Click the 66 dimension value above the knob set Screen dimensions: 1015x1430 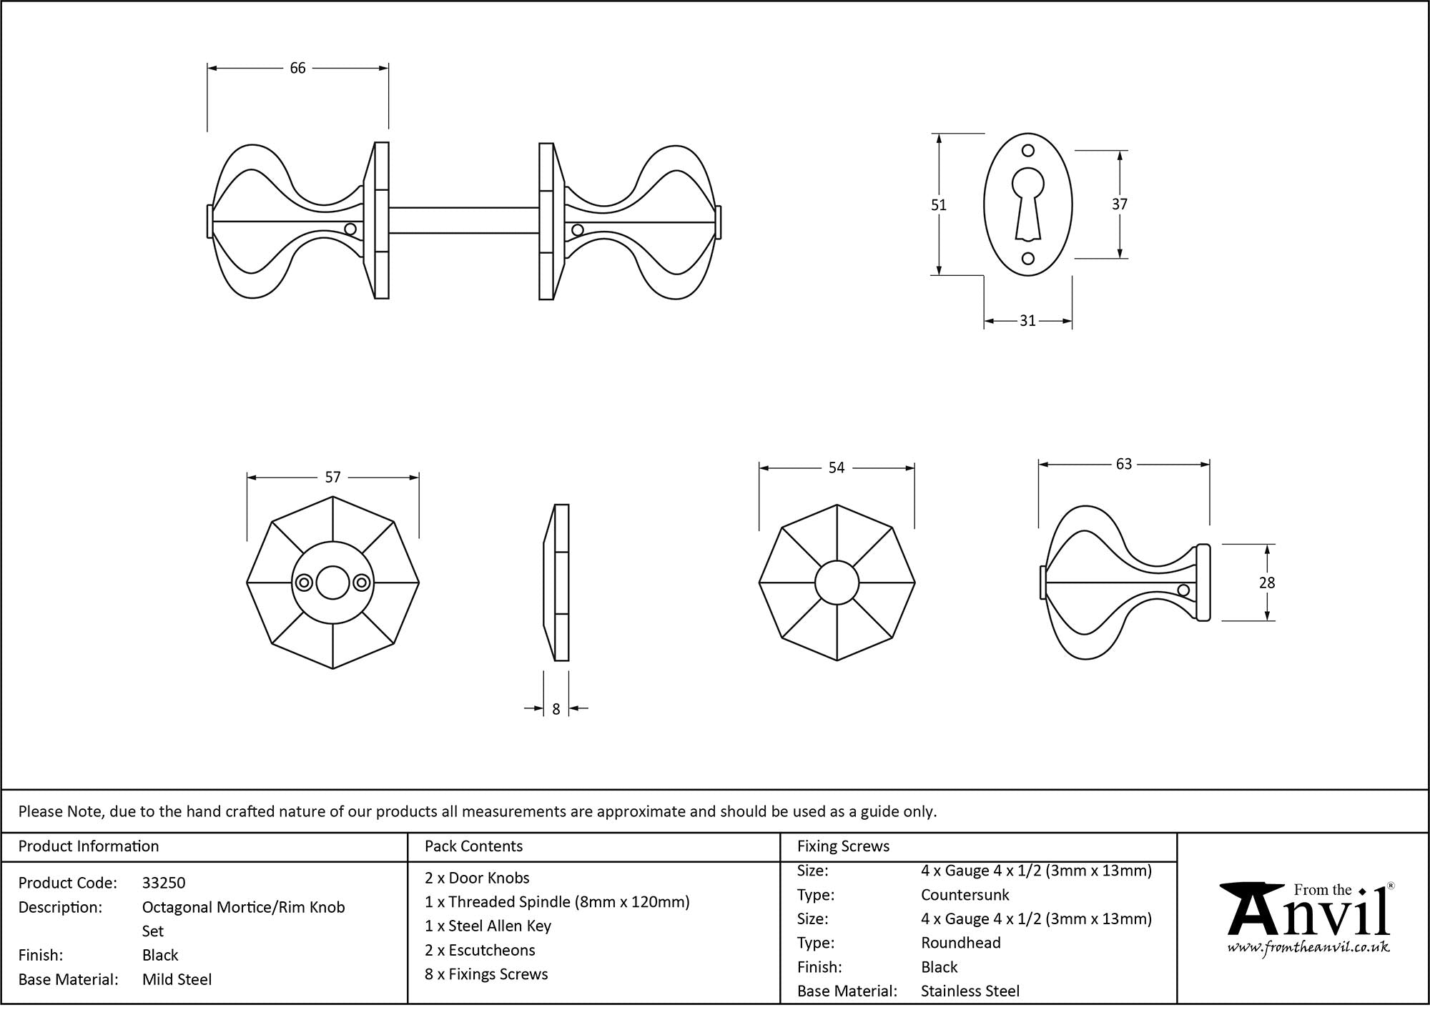[x=297, y=68]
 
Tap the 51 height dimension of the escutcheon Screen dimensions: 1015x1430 [x=938, y=205]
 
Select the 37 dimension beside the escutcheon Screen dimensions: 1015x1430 [x=1119, y=204]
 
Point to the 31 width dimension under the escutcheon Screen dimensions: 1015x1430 [x=1027, y=321]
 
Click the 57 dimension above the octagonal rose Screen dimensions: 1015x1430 [x=332, y=477]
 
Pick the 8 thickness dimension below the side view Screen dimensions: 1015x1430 [x=556, y=709]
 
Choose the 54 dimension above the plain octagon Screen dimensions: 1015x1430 [x=837, y=468]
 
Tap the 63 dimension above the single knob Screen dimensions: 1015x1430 [x=1123, y=465]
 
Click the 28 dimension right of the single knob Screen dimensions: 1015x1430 [x=1266, y=583]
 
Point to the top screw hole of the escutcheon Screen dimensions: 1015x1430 [x=1028, y=151]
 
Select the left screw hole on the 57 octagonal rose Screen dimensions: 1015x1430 [x=304, y=583]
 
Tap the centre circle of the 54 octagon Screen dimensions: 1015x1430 [x=837, y=583]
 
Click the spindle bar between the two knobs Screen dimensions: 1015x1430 [x=463, y=220]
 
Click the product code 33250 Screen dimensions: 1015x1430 [x=164, y=883]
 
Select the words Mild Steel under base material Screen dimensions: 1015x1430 [x=177, y=979]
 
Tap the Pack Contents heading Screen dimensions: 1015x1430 [x=473, y=846]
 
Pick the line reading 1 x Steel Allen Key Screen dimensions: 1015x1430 [x=488, y=926]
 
